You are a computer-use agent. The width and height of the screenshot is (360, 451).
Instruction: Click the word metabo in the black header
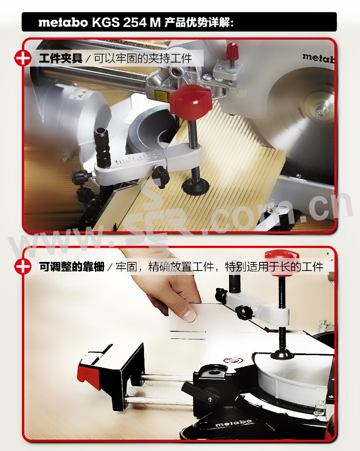point(63,23)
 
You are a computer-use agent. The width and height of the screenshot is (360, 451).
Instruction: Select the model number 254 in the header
point(135,23)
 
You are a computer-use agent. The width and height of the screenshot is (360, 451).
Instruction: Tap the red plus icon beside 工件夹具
point(22,59)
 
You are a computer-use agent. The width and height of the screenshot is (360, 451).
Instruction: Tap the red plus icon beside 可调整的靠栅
point(22,266)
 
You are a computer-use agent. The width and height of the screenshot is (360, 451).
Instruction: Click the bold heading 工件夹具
point(61,59)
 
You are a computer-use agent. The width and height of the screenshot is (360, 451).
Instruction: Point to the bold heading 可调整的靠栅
point(72,266)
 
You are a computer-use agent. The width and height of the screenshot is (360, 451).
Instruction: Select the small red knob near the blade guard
point(232,52)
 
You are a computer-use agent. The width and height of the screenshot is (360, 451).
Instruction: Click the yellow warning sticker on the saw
point(162,96)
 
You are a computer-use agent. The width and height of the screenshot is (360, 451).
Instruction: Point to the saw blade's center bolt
point(320,111)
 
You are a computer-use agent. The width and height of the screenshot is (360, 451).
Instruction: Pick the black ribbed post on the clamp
point(103,148)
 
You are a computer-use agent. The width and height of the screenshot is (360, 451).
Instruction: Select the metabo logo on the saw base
point(234,423)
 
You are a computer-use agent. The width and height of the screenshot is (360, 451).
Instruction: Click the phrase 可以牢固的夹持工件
point(143,59)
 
